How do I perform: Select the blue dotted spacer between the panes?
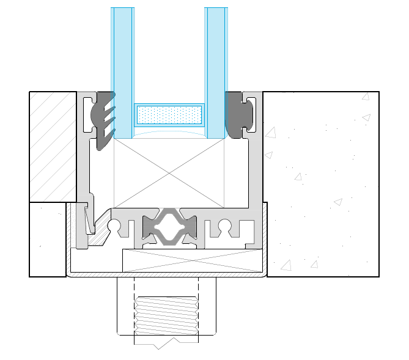tap(169, 114)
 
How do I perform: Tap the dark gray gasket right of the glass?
tap(239, 114)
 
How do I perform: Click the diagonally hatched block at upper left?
tap(53, 147)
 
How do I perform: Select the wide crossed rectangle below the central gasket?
tap(193, 261)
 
